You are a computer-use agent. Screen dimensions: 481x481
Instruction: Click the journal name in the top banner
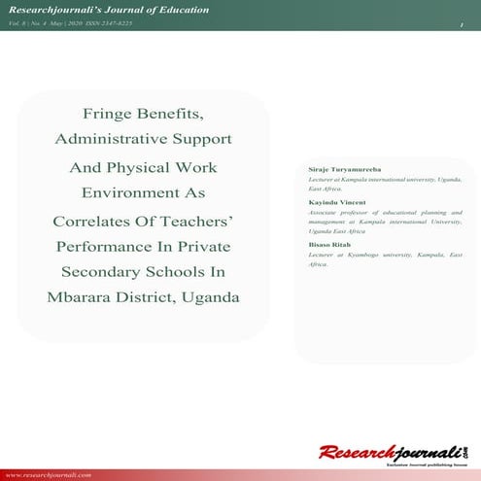coord(105,10)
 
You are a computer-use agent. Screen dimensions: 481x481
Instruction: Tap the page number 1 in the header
coord(463,23)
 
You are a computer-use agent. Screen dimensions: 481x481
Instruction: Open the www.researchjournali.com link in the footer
coord(51,474)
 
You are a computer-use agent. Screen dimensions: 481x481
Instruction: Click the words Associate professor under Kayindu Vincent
coord(336,211)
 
